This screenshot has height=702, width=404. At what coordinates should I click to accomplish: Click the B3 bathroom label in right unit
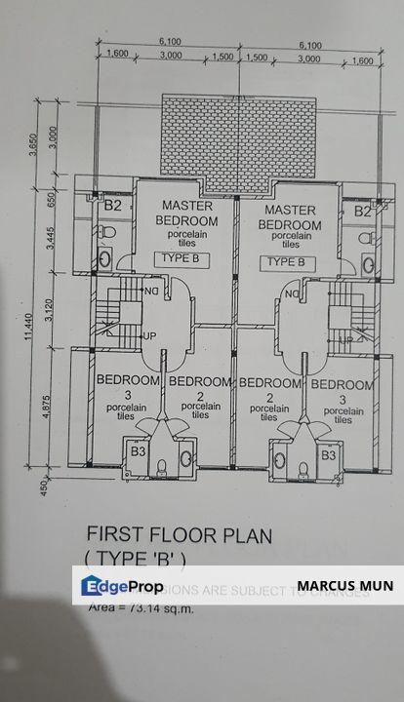tap(328, 453)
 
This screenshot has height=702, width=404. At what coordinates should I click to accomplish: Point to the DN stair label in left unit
tap(151, 290)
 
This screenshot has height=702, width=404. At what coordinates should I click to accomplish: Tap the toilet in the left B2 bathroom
tap(104, 259)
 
